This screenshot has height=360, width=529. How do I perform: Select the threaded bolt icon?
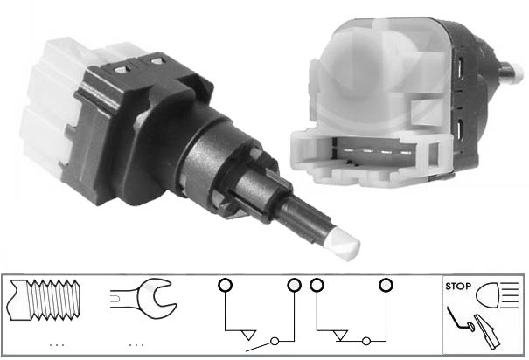pos(44,300)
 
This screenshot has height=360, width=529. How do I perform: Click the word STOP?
pos(458,287)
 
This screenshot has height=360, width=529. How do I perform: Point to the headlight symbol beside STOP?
pos(497,295)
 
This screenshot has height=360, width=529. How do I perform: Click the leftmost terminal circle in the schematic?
pos(225,285)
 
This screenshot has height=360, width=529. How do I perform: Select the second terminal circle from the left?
pos(294,285)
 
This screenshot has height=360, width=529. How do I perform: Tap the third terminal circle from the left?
pos(317,285)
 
